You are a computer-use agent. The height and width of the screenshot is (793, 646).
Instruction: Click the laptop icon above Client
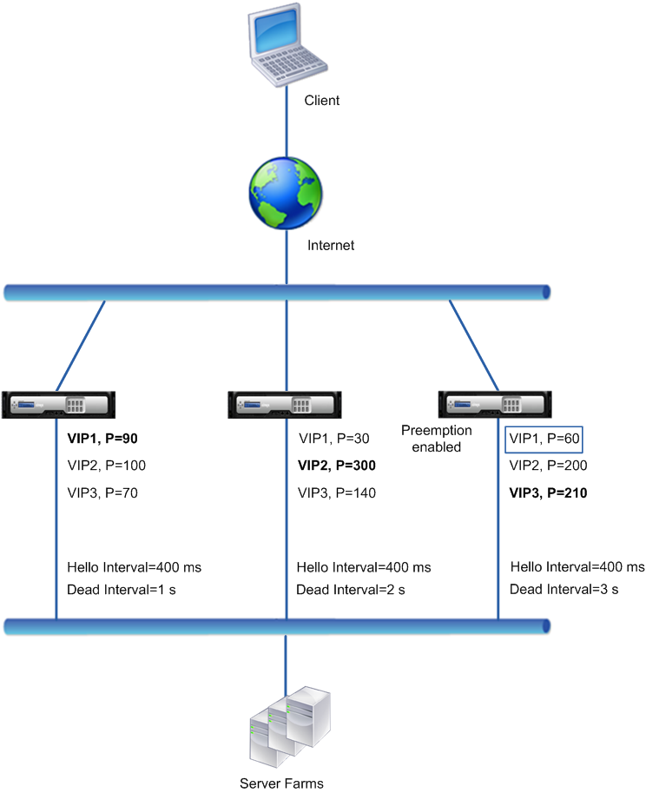[x=287, y=44]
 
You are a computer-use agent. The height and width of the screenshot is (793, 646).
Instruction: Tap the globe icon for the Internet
[x=286, y=193]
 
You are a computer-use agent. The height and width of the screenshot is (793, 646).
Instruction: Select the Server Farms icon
[x=290, y=727]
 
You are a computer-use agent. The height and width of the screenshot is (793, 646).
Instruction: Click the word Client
[x=321, y=100]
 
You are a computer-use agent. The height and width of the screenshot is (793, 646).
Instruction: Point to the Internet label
[x=331, y=245]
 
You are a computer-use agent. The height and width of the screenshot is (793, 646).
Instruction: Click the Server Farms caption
[x=281, y=783]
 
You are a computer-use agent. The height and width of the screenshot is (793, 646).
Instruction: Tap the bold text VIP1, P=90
[x=102, y=439]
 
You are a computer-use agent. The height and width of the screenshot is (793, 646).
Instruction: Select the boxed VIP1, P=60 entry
[x=544, y=439]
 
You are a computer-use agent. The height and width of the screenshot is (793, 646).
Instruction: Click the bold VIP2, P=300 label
[x=337, y=466]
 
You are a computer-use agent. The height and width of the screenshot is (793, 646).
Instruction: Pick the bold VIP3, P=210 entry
[x=548, y=492]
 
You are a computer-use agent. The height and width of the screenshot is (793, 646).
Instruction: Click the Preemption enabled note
[x=436, y=439]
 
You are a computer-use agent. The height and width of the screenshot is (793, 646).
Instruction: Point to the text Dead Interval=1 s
[x=122, y=590]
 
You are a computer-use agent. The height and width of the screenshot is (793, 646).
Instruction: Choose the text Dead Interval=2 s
[x=351, y=590]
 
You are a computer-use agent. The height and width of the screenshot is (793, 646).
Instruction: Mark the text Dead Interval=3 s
[x=564, y=589]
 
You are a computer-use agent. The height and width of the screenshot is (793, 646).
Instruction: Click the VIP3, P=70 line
[x=102, y=492]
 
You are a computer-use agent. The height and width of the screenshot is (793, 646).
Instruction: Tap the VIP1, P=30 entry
[x=333, y=439]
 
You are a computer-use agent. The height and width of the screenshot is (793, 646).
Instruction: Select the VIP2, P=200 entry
[x=548, y=466]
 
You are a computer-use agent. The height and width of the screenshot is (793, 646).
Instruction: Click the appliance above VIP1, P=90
[x=59, y=405]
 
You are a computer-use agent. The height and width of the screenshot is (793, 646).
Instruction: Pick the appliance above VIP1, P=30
[x=285, y=405]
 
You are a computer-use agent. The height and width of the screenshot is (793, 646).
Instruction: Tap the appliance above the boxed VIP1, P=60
[x=495, y=404]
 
